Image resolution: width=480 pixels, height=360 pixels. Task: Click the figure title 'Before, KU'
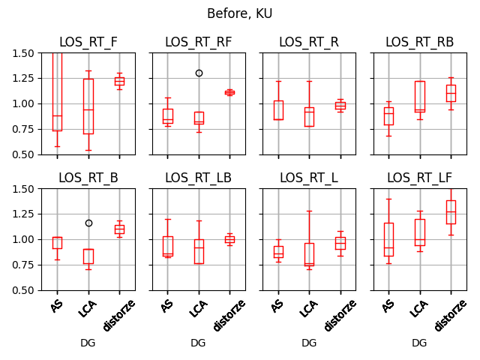point(240,13)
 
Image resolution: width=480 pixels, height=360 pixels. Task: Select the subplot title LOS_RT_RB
point(419,42)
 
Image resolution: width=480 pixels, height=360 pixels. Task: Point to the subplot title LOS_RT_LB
point(198,178)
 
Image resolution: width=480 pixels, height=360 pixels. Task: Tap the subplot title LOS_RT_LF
point(419,178)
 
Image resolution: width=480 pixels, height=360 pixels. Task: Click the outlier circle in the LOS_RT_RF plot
point(199,73)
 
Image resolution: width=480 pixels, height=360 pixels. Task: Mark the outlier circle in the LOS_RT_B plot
point(88,223)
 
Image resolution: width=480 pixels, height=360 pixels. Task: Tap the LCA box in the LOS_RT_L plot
point(309,253)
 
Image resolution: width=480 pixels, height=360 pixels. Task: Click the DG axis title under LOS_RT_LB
point(198,343)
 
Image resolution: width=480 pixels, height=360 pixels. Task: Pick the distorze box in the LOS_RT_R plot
point(340,106)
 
